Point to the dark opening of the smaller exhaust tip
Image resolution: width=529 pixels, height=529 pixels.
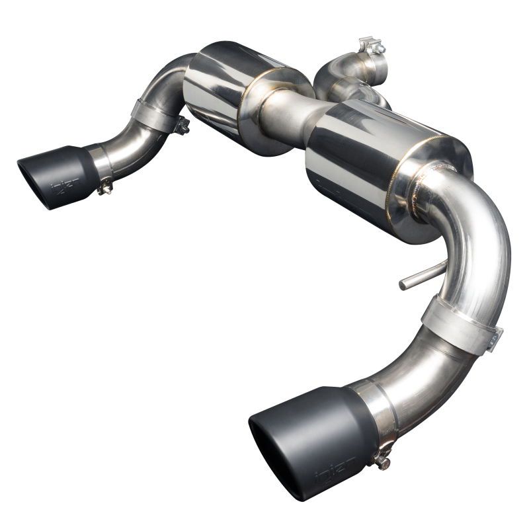click(33, 181)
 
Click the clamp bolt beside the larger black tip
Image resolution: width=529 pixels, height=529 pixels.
click(382, 455)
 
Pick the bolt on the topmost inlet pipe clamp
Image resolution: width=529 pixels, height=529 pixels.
click(372, 46)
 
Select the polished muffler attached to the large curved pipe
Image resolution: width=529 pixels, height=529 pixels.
click(384, 165)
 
